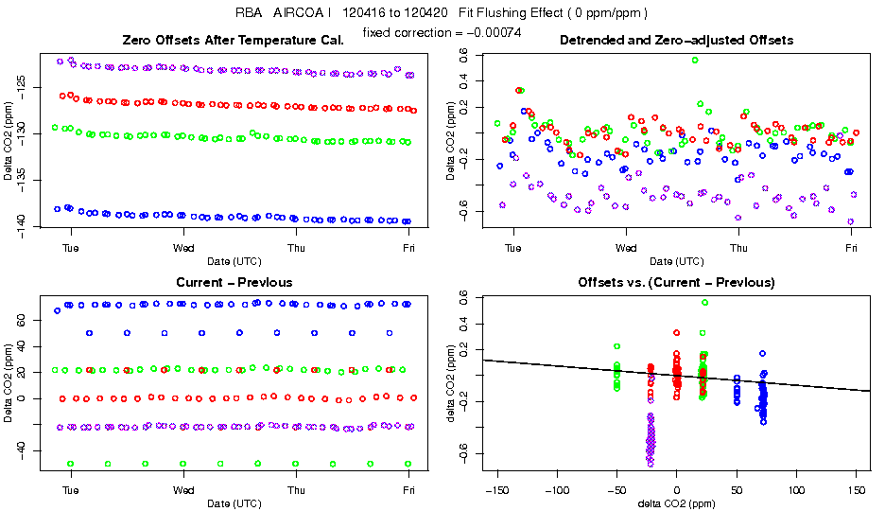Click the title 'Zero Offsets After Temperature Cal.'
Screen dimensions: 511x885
(x=234, y=40)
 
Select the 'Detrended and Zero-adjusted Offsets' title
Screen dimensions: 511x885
(x=676, y=40)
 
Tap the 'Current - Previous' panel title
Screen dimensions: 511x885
(x=234, y=282)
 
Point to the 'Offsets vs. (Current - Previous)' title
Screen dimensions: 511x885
(x=676, y=282)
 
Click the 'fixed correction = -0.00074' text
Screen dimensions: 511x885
(x=442, y=33)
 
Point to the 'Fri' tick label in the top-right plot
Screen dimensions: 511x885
(x=852, y=248)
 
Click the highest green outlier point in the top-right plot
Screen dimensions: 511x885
(x=695, y=60)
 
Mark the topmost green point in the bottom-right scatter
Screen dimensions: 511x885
(x=704, y=303)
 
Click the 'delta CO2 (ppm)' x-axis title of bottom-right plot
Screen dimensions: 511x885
(x=676, y=503)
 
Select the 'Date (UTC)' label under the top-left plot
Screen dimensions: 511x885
(x=234, y=261)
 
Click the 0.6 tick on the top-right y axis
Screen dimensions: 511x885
(x=464, y=56)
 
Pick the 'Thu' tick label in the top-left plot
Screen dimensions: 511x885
(x=297, y=248)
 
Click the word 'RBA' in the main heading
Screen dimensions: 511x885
(x=250, y=13)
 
